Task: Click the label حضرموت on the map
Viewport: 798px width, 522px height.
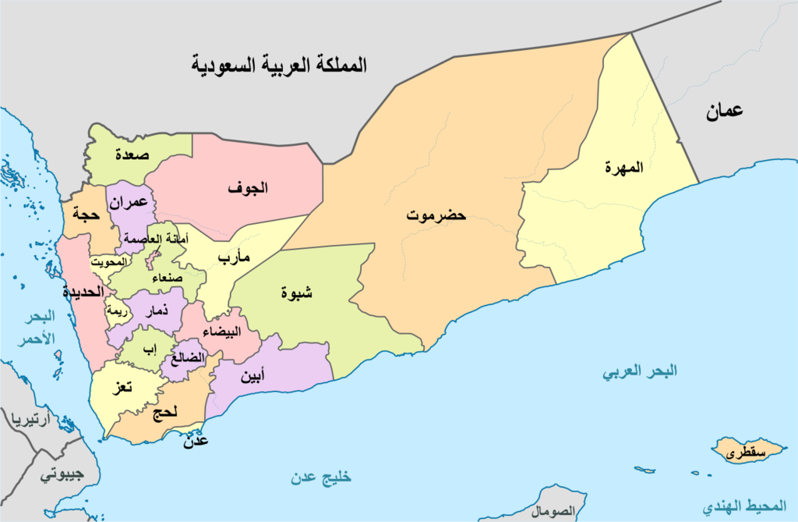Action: (x=436, y=215)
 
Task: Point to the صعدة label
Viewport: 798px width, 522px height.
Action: (x=132, y=154)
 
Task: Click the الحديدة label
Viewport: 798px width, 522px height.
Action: (x=83, y=292)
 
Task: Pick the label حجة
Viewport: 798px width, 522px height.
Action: (x=84, y=212)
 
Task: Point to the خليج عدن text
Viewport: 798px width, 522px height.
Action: (x=322, y=478)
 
